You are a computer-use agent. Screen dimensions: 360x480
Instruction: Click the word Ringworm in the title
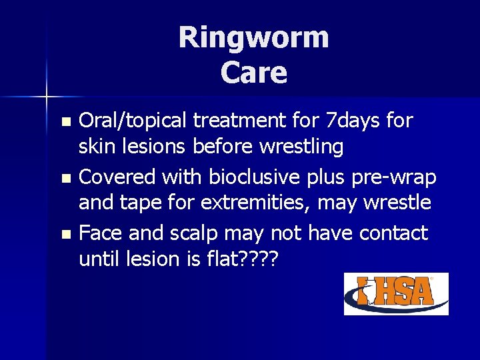coord(253,37)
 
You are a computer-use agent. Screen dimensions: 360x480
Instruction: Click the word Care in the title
coord(253,73)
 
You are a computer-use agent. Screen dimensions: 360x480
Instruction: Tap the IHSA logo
coord(396,293)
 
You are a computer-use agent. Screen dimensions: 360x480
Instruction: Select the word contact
coord(393,233)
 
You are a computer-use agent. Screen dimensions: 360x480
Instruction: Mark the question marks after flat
coord(259,258)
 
